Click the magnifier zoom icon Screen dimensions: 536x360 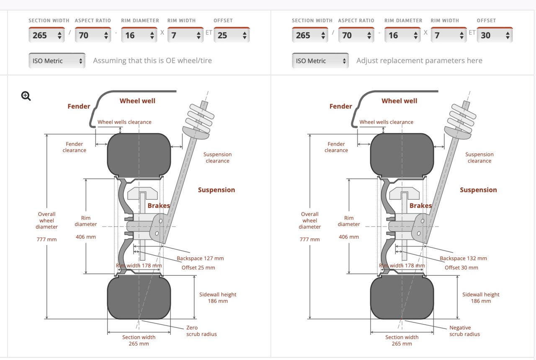26,96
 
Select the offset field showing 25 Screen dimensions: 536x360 232,35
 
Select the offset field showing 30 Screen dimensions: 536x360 495,35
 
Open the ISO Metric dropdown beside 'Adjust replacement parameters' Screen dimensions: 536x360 320,61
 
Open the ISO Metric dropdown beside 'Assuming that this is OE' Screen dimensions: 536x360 57,61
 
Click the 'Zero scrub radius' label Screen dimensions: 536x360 201,331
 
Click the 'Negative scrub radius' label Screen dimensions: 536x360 464,331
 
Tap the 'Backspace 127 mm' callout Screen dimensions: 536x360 200,258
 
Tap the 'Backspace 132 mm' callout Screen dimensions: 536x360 463,258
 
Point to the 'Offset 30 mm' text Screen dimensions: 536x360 461,267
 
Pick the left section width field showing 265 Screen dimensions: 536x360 46,35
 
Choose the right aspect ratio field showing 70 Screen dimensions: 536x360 356,35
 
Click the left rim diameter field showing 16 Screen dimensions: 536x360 139,35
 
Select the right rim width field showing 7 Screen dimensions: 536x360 448,35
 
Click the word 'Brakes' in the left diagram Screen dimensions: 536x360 159,205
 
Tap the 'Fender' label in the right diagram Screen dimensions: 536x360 341,106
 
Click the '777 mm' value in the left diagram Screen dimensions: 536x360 46,239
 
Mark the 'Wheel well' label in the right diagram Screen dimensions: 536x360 399,101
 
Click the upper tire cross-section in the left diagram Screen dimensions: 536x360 139,155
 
